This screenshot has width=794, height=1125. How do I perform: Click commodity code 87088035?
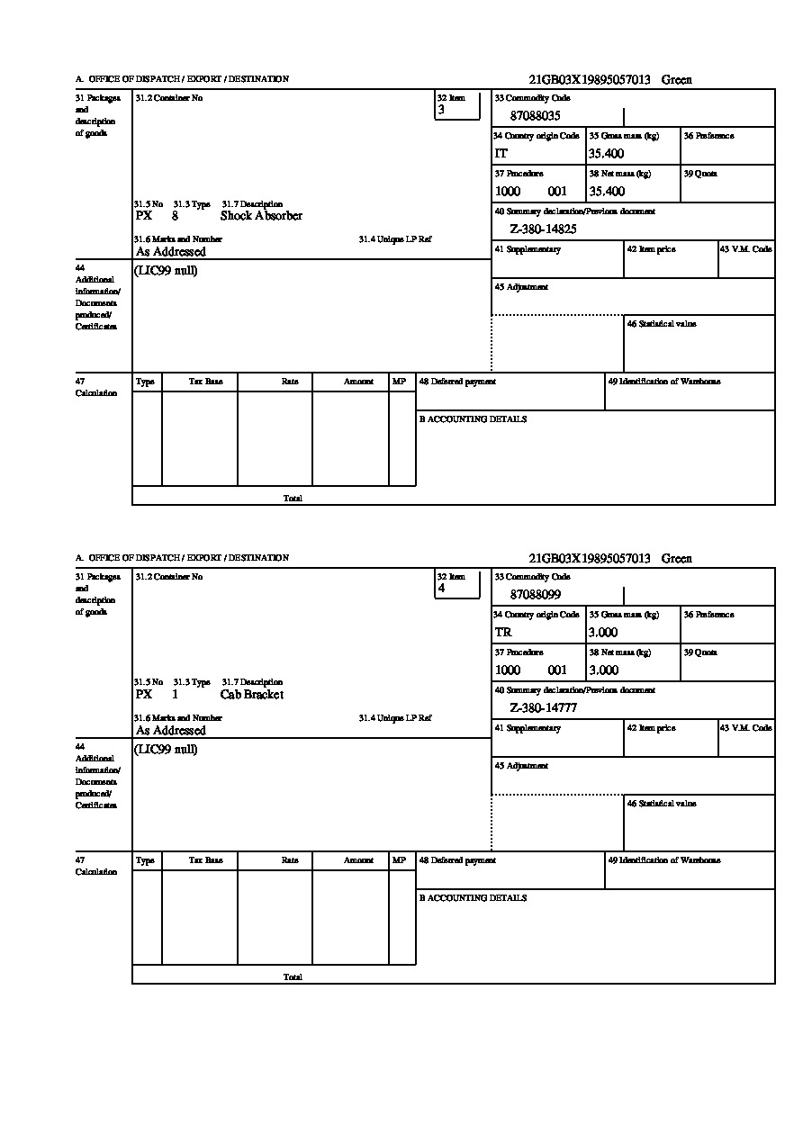(535, 116)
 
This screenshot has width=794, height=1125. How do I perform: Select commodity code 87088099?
(535, 595)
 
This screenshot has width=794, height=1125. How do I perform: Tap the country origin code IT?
(501, 154)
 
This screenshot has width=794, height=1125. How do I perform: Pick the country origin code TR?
(503, 633)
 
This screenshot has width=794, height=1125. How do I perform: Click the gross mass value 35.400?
(606, 154)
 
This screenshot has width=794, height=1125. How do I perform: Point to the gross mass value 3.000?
(603, 633)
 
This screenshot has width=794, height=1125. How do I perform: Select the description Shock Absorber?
(261, 216)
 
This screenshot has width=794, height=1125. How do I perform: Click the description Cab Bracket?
(251, 695)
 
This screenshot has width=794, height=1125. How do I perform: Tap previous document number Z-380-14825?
(543, 229)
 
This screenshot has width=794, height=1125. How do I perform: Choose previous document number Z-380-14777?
(543, 708)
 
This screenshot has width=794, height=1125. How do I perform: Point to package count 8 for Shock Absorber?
(175, 216)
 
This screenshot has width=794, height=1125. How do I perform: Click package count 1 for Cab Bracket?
(175, 695)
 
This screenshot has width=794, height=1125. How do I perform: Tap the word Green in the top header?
(676, 80)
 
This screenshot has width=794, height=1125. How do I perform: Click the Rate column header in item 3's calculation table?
(289, 382)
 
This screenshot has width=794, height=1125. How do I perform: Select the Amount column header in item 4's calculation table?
(358, 860)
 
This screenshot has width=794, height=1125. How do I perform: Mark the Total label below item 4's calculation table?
(293, 976)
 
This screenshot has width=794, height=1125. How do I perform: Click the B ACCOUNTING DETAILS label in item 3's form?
(473, 419)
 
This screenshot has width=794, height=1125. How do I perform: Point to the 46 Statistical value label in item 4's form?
(662, 803)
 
